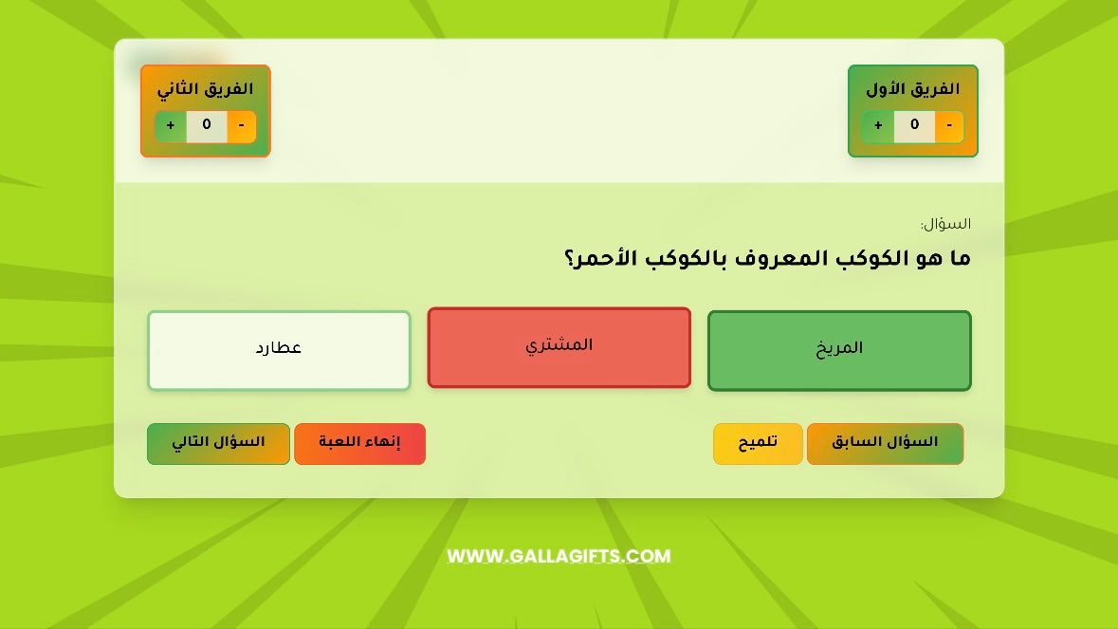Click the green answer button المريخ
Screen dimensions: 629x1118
click(839, 350)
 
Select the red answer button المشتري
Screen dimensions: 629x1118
click(559, 347)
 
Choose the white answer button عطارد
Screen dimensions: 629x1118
click(279, 350)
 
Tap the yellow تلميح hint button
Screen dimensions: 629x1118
click(758, 444)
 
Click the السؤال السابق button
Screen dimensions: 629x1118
click(885, 444)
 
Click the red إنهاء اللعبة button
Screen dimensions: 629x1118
click(359, 444)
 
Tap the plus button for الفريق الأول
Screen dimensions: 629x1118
click(878, 126)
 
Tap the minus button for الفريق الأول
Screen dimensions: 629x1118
click(949, 126)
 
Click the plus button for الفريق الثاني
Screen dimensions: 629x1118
click(171, 126)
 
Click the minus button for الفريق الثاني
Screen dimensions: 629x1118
click(242, 126)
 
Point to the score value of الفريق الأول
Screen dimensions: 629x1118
click(914, 126)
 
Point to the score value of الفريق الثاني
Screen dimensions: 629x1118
click(207, 126)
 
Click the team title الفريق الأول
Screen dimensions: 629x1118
click(912, 90)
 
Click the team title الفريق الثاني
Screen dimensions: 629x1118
click(205, 90)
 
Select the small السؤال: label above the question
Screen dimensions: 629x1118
click(945, 225)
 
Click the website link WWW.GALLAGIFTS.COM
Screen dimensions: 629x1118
click(559, 557)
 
